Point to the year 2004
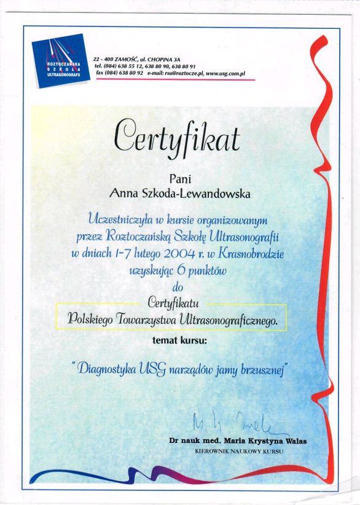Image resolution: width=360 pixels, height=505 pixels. click(184, 251)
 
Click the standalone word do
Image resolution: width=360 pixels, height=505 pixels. click(178, 285)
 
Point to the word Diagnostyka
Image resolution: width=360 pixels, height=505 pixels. click(108, 368)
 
